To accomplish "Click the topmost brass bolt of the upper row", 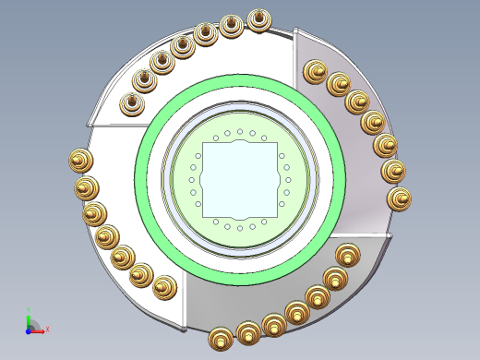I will pyautogui.click(x=259, y=18).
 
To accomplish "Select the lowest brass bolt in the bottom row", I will pyautogui.click(x=221, y=338).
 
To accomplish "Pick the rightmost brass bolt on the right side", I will pyautogui.click(x=399, y=198).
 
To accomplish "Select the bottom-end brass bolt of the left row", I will pyautogui.click(x=164, y=287).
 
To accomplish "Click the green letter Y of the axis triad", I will pyautogui.click(x=29, y=310).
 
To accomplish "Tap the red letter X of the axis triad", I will pyautogui.click(x=47, y=329).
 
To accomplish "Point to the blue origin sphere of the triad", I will pyautogui.click(x=29, y=329).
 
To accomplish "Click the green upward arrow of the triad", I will pyautogui.click(x=29, y=318).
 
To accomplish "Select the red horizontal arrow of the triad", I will pyautogui.click(x=38, y=330).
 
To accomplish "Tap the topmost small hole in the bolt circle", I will pyautogui.click(x=240, y=132).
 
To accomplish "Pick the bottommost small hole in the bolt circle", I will pyautogui.click(x=240, y=227).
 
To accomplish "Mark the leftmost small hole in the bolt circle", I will pyautogui.click(x=192, y=180).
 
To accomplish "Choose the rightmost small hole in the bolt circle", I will pyautogui.click(x=288, y=180).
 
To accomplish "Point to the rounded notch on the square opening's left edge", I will pyautogui.click(x=202, y=180).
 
